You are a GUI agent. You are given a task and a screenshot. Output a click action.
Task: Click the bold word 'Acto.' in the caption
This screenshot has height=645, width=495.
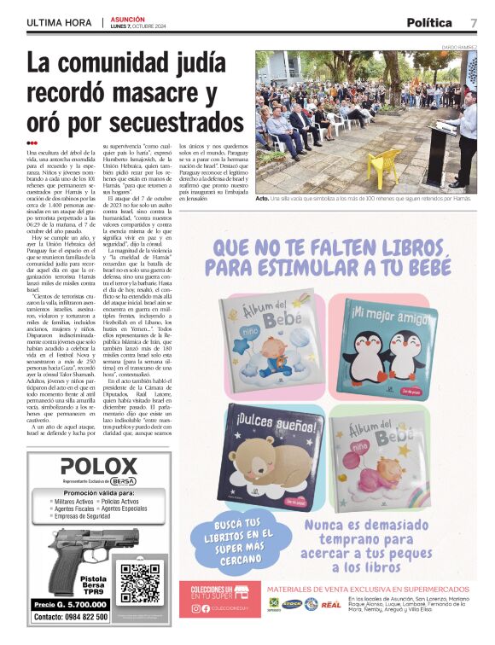pyautogui.click(x=265, y=198)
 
